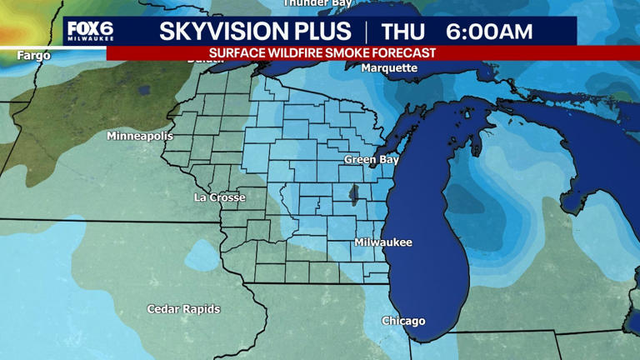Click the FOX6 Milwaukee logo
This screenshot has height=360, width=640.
(90, 32)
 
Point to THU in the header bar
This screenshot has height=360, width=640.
(403, 32)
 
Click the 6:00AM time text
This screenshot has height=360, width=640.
(489, 32)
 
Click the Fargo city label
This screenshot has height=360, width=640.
(33, 56)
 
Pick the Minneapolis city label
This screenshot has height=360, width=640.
(140, 136)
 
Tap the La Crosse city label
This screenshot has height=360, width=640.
(219, 197)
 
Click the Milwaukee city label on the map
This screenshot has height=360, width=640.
(383, 242)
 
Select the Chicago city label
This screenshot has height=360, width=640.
(403, 321)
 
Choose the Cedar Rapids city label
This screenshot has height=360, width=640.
(183, 309)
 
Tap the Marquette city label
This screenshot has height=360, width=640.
(389, 68)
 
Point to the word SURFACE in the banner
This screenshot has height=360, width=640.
(238, 52)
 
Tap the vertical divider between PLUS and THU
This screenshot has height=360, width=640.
(366, 32)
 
